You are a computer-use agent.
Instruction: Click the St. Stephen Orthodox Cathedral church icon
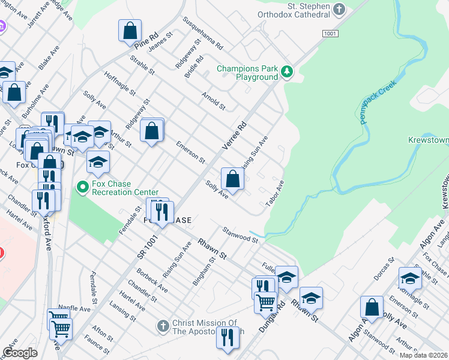pyautogui.click(x=339, y=9)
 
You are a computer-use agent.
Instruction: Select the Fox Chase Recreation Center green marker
pyautogui.click(x=83, y=188)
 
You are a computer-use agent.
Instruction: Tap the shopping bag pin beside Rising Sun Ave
pyautogui.click(x=232, y=178)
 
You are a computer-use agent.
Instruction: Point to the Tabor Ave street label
pyautogui.click(x=275, y=193)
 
